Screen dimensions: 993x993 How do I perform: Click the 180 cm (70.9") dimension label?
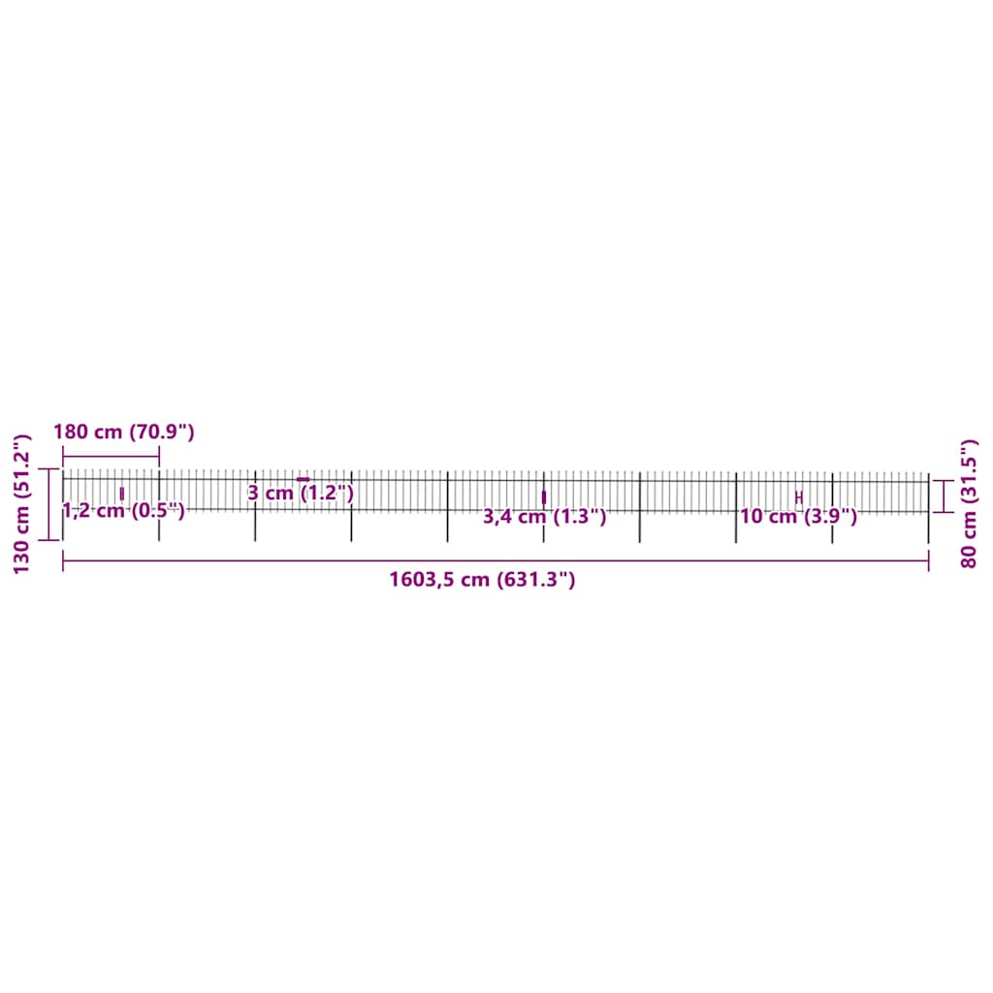(124, 432)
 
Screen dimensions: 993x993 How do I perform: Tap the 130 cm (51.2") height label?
(22, 504)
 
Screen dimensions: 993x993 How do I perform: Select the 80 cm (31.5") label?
(968, 503)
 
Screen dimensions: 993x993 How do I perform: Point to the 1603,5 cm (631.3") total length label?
(482, 581)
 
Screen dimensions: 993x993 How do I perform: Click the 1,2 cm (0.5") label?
(123, 511)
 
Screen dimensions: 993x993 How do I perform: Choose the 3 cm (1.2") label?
(301, 494)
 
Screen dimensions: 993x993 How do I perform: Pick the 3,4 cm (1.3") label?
(545, 517)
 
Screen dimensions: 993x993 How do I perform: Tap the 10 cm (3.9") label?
(798, 517)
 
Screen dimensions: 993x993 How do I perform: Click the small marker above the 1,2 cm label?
(121, 494)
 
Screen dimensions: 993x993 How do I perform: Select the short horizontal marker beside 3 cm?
(303, 479)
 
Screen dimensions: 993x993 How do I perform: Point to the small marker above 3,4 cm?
(543, 496)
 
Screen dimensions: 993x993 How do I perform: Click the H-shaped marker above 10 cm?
(798, 497)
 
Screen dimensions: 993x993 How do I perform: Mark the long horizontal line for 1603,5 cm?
(495, 561)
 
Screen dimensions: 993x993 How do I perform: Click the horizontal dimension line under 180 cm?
(111, 456)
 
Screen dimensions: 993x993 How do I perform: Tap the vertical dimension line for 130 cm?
(49, 504)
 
